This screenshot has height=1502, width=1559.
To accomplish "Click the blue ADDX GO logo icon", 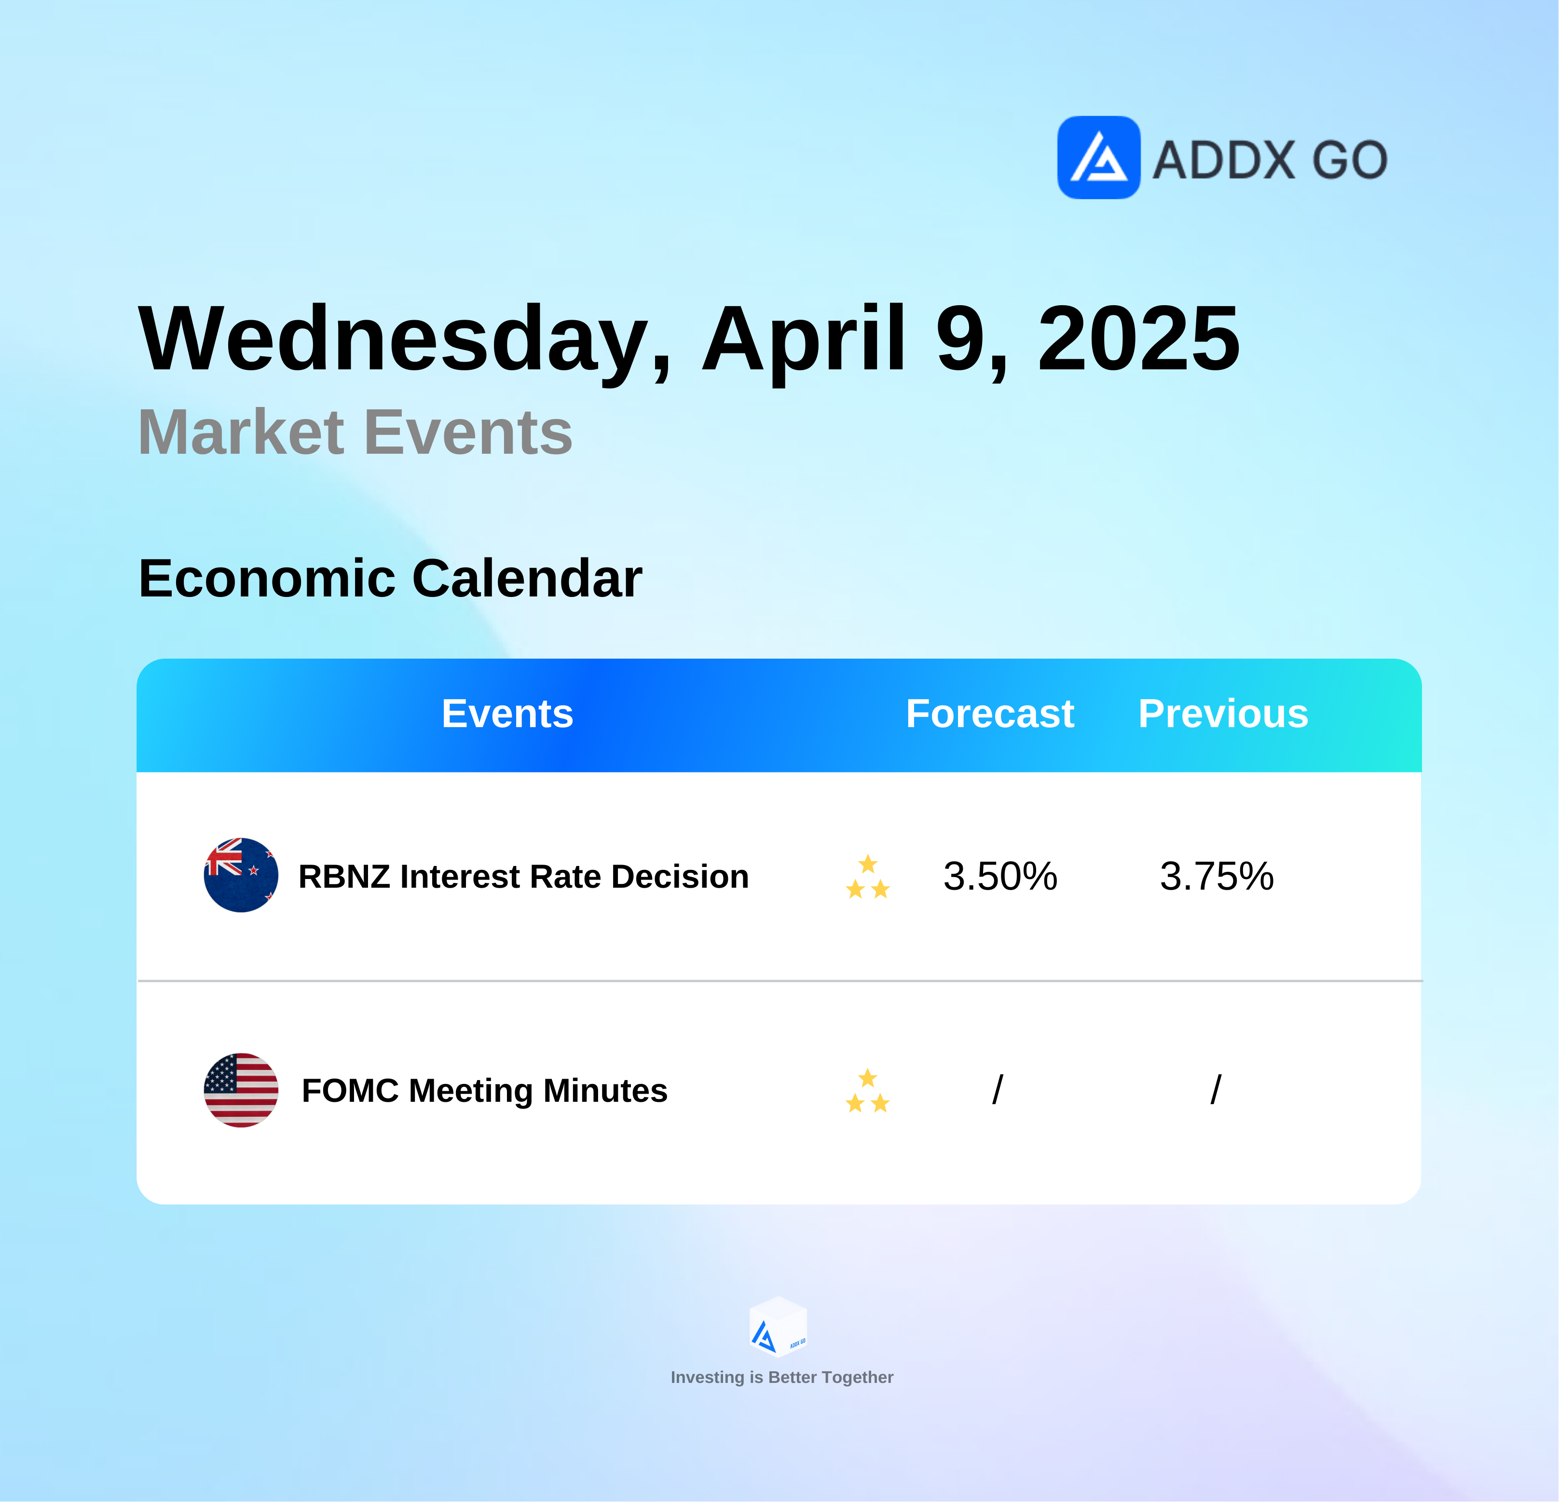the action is point(1098,158).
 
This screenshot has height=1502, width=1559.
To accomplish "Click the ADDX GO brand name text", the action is point(1270,160).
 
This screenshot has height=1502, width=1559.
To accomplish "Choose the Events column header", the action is point(507,713).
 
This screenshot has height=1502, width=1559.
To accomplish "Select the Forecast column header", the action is point(990,713).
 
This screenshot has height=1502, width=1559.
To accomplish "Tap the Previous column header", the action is point(1223,713).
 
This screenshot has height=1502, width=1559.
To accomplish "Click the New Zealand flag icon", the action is point(241,875).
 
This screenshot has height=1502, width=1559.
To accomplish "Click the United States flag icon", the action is point(241,1090).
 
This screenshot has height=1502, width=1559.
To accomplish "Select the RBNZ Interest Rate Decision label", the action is point(523,876).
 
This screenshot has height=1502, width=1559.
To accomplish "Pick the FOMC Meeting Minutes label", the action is point(484,1090).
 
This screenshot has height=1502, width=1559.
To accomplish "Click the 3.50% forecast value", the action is point(1000,876).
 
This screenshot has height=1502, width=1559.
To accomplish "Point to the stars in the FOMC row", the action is point(868,1090).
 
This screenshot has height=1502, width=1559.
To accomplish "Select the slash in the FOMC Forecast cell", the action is point(998,1089).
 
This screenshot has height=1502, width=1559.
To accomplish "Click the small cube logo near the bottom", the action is point(779,1326).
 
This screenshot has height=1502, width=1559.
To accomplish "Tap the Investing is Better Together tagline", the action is point(782,1377).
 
